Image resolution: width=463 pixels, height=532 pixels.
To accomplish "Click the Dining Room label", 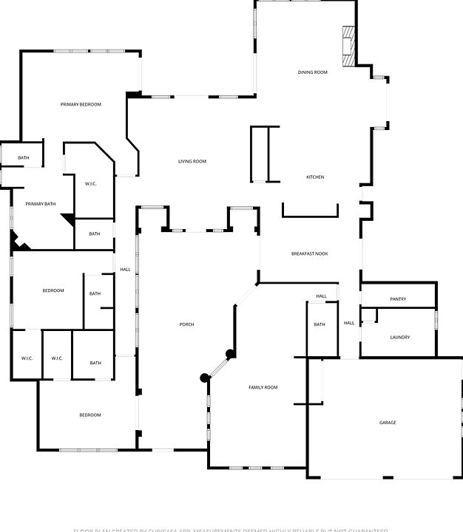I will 312,72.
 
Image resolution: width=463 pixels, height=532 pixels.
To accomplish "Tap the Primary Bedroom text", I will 81,104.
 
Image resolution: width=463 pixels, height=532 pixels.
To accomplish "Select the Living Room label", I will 192,161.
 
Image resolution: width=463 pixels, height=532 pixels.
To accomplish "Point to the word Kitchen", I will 315,177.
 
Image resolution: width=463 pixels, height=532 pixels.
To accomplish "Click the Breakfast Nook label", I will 309,254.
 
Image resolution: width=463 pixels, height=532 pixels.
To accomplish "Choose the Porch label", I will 186,325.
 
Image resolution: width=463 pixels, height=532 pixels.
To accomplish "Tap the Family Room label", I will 263,387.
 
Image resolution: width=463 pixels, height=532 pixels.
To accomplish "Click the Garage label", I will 388,423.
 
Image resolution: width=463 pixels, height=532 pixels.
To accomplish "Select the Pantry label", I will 398,299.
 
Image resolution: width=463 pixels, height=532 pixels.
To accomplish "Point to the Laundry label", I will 399,338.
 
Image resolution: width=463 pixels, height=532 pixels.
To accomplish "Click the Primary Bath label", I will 40,204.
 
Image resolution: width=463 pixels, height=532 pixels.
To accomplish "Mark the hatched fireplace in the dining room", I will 348,46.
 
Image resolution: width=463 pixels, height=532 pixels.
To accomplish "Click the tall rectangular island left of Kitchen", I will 265,154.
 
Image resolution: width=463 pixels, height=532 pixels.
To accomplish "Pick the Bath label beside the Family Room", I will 320,325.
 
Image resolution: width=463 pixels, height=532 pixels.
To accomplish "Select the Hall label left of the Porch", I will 125,269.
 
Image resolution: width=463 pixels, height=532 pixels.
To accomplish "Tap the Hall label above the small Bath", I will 321,296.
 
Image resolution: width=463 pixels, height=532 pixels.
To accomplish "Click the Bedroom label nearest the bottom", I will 90,415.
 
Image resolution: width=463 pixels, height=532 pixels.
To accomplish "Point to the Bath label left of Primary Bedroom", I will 24,157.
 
